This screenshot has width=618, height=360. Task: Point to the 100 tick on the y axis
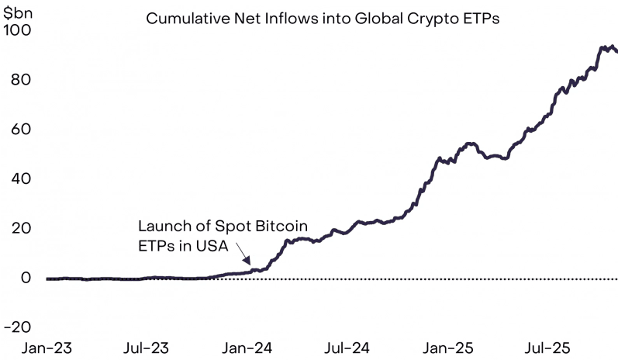tap(16, 30)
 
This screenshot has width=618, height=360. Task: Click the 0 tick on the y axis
tap(25, 279)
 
